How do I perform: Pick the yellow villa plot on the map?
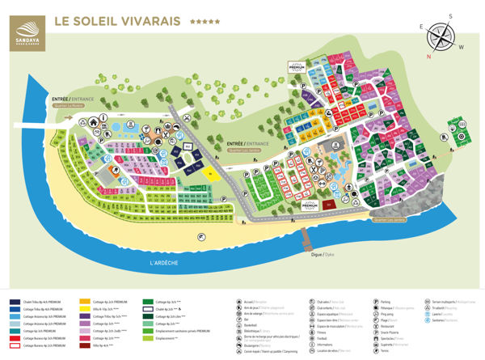click(213, 172)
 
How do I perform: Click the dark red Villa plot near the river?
click(328, 205)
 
